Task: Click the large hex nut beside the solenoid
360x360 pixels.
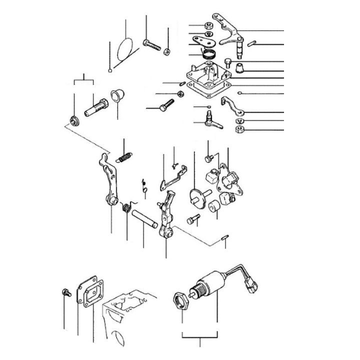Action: point(180,301)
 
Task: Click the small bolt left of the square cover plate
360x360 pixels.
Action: point(64,291)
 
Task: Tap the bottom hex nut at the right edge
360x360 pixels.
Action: point(239,130)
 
